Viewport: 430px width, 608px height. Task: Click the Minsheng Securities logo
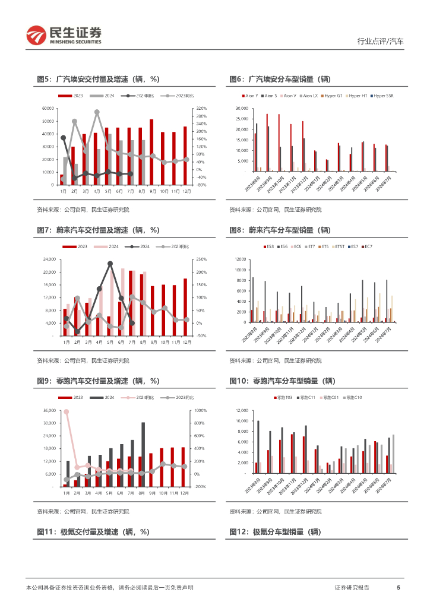point(64,35)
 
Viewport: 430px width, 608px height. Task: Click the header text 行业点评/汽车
point(380,42)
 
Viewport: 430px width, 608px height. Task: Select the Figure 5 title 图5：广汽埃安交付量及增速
point(98,79)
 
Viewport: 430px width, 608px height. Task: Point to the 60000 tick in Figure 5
point(48,109)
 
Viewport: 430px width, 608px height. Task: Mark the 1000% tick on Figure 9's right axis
point(200,411)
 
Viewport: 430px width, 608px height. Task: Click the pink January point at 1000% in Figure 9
point(66,411)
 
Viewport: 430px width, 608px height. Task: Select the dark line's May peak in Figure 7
point(110,263)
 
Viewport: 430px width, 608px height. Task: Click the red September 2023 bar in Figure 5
point(151,152)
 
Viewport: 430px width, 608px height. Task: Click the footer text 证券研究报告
point(352,587)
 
